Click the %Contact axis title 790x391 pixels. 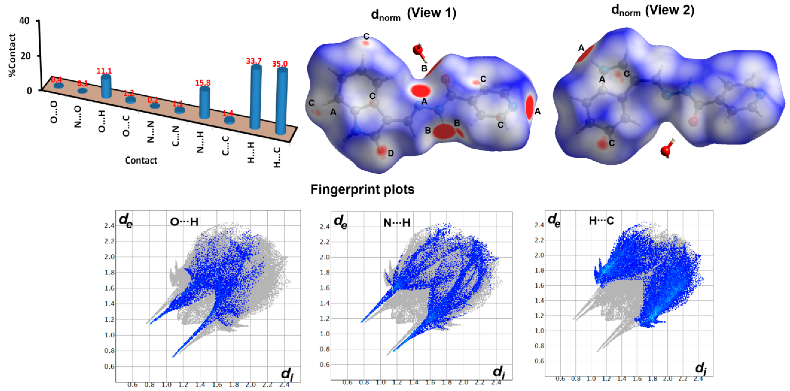click(x=12, y=55)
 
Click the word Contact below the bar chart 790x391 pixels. click(x=141, y=160)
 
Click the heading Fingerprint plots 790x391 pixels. click(x=362, y=189)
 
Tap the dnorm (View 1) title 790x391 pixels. click(x=413, y=14)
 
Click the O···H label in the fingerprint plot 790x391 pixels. click(x=184, y=222)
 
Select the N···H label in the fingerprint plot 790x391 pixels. click(x=397, y=222)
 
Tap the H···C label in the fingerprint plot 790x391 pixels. click(x=601, y=221)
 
